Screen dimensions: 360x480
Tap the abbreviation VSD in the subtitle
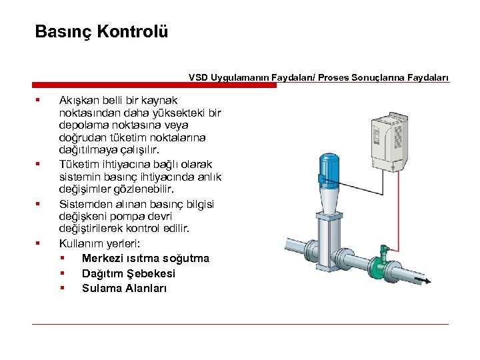point(198,77)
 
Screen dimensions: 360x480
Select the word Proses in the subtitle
point(334,77)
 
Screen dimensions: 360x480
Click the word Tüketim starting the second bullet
point(79,164)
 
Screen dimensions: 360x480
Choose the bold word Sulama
point(101,288)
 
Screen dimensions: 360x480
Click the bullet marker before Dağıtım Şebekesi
point(62,273)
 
